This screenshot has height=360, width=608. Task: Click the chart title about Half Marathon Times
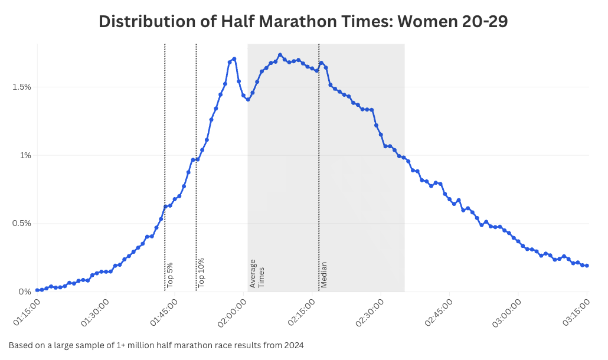tap(303, 21)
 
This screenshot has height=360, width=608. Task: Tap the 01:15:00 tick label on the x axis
tap(27, 312)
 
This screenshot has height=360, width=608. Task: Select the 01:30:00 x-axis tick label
tap(95, 312)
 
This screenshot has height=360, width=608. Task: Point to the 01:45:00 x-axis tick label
tap(164, 312)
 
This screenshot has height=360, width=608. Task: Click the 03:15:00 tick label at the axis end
tap(577, 312)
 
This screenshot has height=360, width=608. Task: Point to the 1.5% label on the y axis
tap(21, 87)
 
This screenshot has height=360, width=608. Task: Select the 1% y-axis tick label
tap(25, 155)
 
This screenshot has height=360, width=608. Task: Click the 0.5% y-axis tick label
tap(21, 224)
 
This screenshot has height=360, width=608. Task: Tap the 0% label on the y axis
tap(25, 292)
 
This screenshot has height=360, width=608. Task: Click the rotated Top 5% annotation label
tap(170, 275)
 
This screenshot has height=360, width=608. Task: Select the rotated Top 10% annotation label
tap(201, 273)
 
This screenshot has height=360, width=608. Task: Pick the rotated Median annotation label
tap(324, 274)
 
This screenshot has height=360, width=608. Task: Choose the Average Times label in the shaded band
tap(257, 273)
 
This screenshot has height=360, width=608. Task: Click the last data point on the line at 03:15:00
tap(587, 266)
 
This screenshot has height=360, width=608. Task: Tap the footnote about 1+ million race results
tap(156, 345)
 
